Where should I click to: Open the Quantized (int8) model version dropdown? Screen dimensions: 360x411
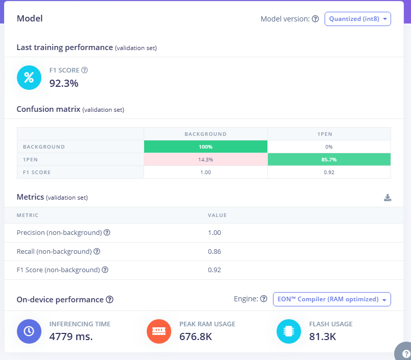tap(357, 19)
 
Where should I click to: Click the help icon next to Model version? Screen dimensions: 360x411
tap(315, 19)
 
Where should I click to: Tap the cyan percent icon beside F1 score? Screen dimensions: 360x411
tap(29, 78)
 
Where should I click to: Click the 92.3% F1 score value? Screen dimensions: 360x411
tap(63, 83)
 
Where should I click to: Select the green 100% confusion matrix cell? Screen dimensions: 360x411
tap(205, 147)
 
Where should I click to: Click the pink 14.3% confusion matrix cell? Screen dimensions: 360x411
tap(205, 159)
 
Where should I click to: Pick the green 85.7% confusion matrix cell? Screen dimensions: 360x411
tap(329, 159)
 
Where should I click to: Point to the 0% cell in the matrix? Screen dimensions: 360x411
tap(329, 147)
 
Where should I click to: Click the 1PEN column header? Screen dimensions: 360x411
tap(329, 134)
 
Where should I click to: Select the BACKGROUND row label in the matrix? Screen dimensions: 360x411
tap(44, 147)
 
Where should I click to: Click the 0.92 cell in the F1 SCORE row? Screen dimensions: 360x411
tap(329, 172)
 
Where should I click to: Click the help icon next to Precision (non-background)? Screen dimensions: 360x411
tap(107, 233)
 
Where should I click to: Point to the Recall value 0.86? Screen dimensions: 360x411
tap(214, 251)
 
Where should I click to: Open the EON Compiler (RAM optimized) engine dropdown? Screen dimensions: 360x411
tap(332, 299)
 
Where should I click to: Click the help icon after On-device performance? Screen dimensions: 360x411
tap(109, 300)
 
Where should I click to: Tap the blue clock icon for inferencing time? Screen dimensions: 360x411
tap(29, 331)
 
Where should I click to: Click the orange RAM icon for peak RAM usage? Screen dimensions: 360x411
tap(158, 331)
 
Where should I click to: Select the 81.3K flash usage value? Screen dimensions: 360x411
tap(323, 337)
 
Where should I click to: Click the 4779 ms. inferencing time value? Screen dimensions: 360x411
tap(71, 337)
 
